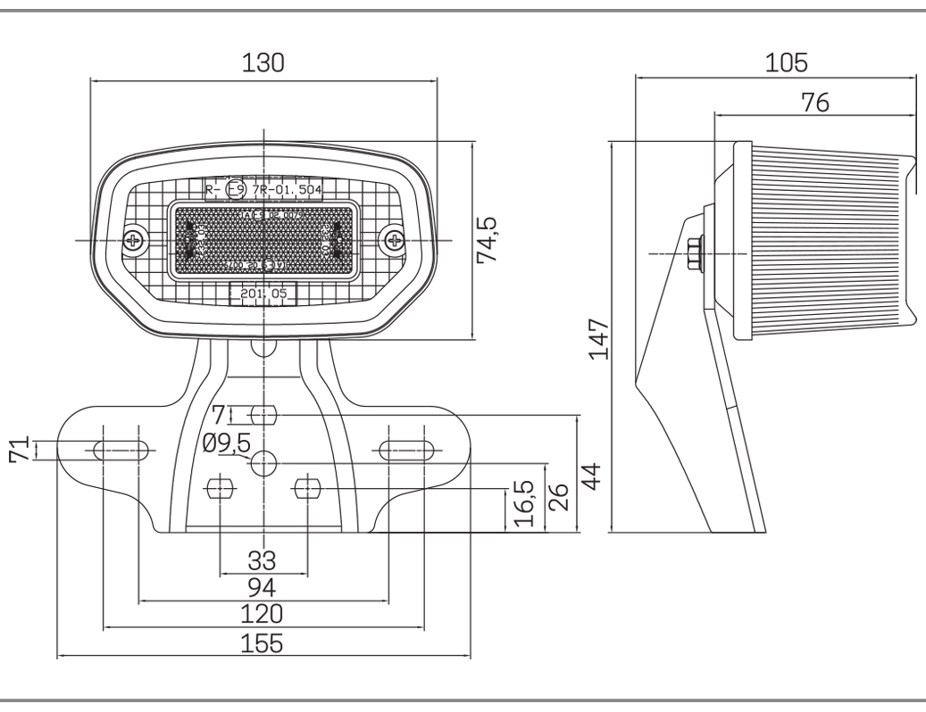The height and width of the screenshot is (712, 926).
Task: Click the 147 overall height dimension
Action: (x=599, y=337)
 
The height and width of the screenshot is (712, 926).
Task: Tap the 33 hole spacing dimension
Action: (x=263, y=559)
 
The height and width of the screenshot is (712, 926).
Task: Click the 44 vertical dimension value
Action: (x=590, y=472)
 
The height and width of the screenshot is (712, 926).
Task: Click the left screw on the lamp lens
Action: (x=136, y=239)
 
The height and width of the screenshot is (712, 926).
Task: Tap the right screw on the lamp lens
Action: (x=393, y=239)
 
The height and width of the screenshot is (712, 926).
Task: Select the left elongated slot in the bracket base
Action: (x=121, y=450)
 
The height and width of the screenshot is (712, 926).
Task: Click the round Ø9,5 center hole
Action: (x=263, y=462)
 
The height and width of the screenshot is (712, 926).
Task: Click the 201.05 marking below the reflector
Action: (x=263, y=294)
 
